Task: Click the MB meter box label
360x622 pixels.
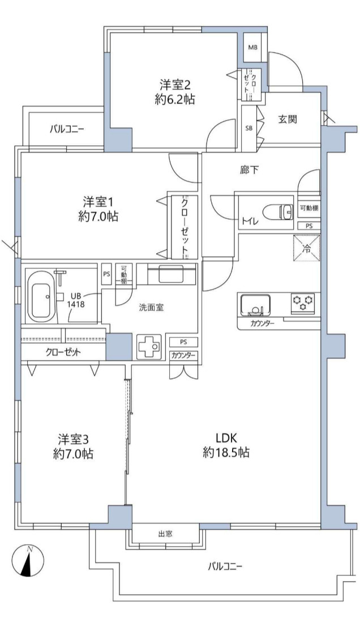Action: click(252, 48)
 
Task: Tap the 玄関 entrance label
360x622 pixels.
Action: click(288, 118)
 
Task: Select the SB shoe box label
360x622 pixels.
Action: click(249, 128)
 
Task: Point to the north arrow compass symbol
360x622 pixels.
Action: click(28, 561)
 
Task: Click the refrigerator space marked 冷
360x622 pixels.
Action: click(306, 248)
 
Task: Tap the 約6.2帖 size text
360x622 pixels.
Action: click(174, 99)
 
